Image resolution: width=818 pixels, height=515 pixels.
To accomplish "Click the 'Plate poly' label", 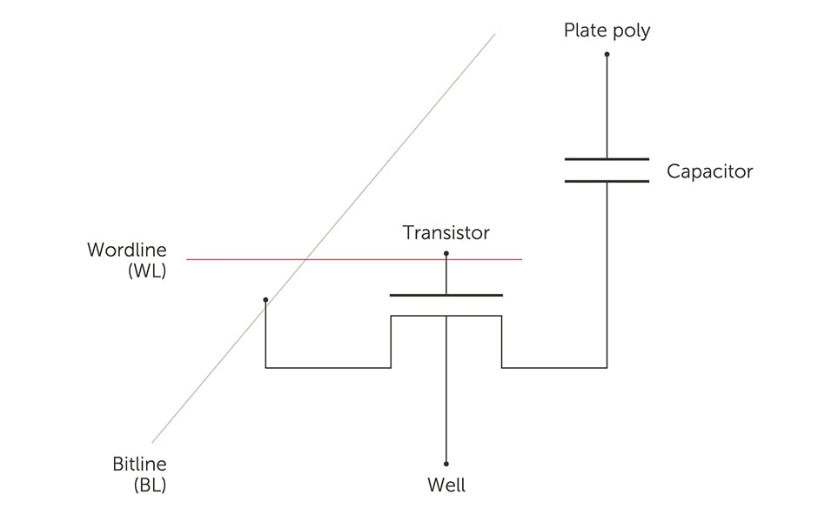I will click(x=607, y=31).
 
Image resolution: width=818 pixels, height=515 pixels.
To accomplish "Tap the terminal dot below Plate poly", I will click(x=607, y=54).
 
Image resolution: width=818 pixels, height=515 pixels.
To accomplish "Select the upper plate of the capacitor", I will click(x=607, y=159).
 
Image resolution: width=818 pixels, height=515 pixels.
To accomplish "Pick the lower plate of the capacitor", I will click(x=607, y=181).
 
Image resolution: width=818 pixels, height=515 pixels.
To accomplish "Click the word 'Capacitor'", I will click(x=709, y=171).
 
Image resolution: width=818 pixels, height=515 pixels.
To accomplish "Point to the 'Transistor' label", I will click(x=446, y=233).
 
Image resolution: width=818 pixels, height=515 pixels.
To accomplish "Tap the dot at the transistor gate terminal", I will click(x=446, y=253).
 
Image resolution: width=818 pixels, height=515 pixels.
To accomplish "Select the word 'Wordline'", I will click(x=126, y=251).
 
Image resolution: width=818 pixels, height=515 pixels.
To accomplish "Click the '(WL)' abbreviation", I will click(x=145, y=271).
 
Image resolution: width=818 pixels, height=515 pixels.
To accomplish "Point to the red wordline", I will click(x=392, y=259).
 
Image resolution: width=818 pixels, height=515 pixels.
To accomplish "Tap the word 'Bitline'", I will click(x=139, y=465).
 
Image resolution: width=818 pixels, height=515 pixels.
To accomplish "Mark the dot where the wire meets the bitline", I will click(x=265, y=300).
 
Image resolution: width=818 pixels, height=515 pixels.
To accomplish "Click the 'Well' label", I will click(x=446, y=485).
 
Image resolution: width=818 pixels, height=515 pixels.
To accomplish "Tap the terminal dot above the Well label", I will click(x=446, y=464).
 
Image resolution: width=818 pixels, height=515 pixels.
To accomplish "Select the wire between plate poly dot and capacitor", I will click(x=607, y=104).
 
